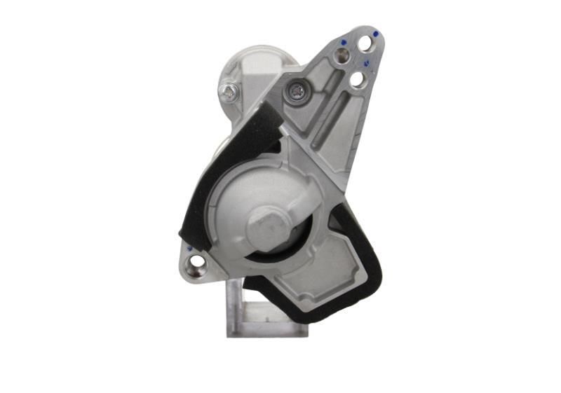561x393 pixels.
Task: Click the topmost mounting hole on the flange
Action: pyautogui.click(x=365, y=44)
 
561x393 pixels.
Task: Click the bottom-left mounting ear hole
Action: pyautogui.click(x=197, y=263)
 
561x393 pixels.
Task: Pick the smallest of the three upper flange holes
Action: pyautogui.click(x=342, y=55)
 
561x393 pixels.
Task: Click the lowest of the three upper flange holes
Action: pyautogui.click(x=357, y=79)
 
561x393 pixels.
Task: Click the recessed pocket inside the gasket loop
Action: pyautogui.click(x=316, y=273)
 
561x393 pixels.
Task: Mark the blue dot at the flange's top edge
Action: pyautogui.click(x=376, y=33)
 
